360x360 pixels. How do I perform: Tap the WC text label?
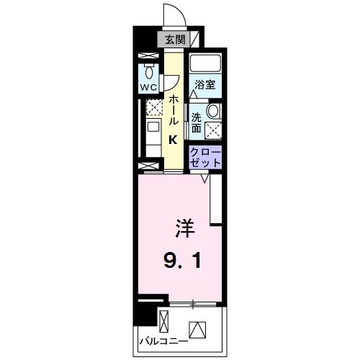[x=149, y=89]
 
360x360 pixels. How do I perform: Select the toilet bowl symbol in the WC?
[x=149, y=71]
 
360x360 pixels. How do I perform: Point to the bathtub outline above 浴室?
[x=206, y=63]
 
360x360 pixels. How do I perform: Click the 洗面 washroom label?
[x=197, y=122]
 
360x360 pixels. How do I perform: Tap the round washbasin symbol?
[x=212, y=111]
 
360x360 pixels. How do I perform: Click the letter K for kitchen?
[x=174, y=140]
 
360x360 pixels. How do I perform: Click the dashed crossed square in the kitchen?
[x=154, y=108]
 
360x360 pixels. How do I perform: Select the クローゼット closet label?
[x=205, y=157]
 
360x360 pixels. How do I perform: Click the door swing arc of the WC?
[x=174, y=84]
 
